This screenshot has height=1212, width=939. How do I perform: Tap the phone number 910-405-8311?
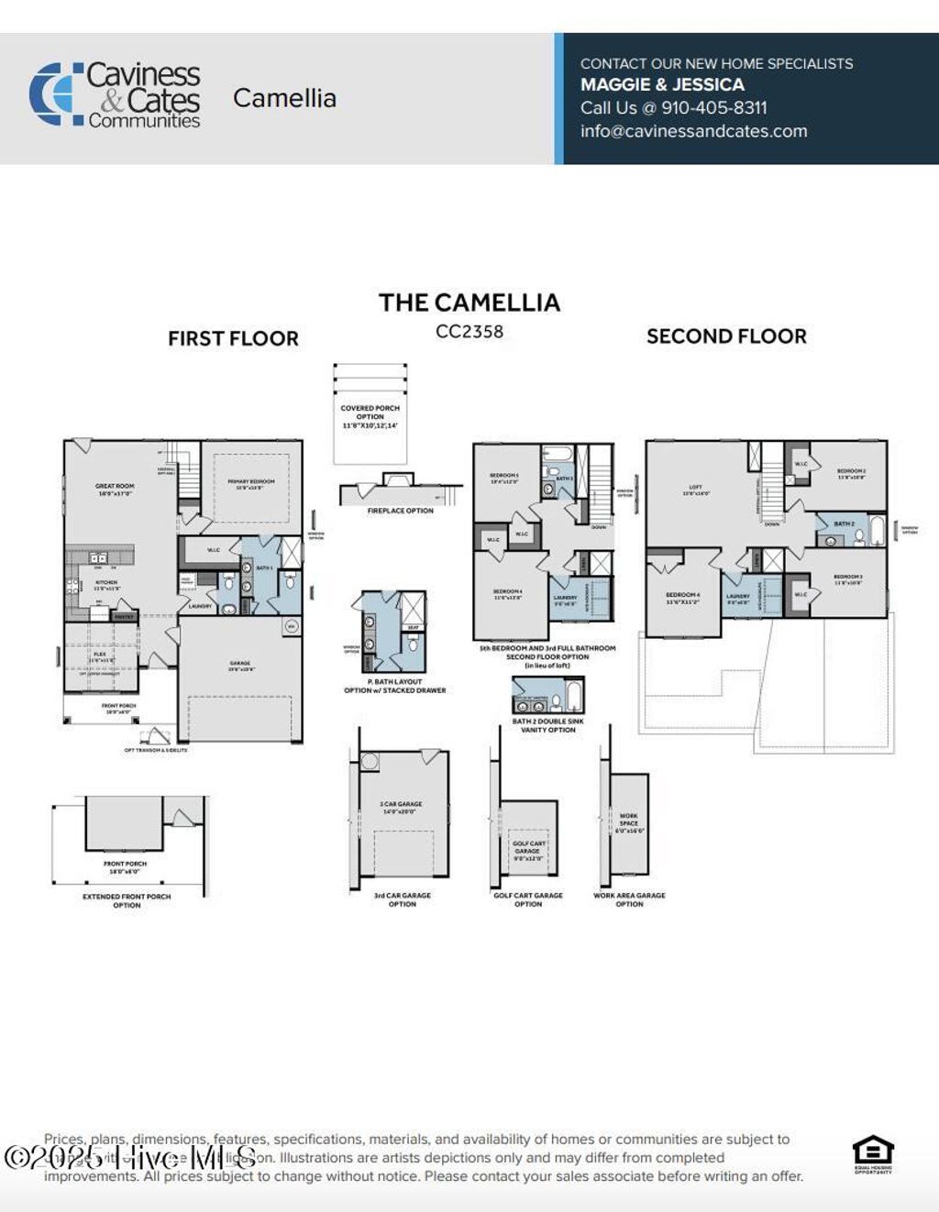tap(714, 107)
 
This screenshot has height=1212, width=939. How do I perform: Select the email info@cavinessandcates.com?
tap(693, 131)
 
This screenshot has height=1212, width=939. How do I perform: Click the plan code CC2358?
tap(469, 332)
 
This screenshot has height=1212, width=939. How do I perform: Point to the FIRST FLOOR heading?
tap(233, 338)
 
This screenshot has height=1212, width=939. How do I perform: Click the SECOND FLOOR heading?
tap(726, 336)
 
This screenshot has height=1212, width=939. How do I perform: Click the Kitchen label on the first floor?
tap(106, 585)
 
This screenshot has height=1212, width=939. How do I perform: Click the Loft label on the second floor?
tap(695, 490)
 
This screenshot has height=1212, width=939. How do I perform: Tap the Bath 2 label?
tap(844, 524)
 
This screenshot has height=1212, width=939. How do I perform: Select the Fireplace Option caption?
tap(400, 511)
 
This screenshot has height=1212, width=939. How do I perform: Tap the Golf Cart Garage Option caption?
tap(528, 899)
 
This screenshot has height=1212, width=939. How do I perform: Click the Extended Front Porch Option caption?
tap(127, 900)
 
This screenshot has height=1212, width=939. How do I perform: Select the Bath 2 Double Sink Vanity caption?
tap(547, 725)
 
